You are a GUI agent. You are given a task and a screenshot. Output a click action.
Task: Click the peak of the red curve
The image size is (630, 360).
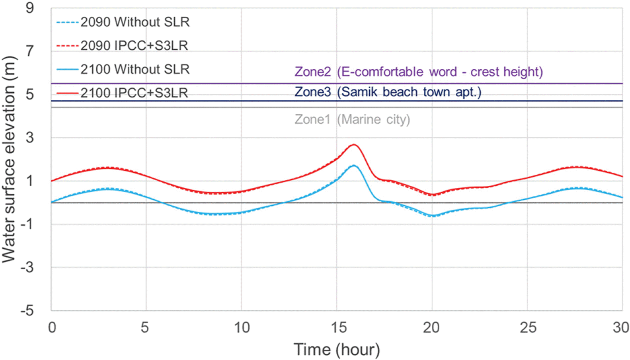pyautogui.click(x=353, y=145)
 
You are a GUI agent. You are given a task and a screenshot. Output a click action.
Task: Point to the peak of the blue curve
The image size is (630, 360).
pyautogui.click(x=353, y=165)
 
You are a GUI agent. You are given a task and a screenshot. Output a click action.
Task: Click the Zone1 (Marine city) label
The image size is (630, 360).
pyautogui.click(x=352, y=119)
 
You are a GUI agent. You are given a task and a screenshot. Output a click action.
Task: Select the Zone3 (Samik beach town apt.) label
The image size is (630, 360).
pyautogui.click(x=388, y=92)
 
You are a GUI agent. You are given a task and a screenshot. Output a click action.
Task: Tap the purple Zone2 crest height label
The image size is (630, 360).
pyautogui.click(x=418, y=72)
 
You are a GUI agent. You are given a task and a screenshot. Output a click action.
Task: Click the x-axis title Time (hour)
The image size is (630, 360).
pyautogui.click(x=337, y=350)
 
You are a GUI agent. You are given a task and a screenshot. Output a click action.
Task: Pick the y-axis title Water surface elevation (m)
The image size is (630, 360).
pyautogui.click(x=9, y=159)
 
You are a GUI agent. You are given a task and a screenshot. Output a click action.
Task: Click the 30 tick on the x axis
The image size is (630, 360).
pyautogui.click(x=620, y=327)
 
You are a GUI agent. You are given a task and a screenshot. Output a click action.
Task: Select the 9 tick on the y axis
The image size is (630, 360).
pyautogui.click(x=30, y=8)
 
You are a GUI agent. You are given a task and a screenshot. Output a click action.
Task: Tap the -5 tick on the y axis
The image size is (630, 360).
pyautogui.click(x=27, y=310)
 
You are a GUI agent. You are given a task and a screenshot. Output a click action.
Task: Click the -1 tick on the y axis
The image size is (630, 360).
pyautogui.click(x=27, y=224)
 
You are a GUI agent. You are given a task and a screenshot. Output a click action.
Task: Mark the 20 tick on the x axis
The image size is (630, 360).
pyautogui.click(x=431, y=327)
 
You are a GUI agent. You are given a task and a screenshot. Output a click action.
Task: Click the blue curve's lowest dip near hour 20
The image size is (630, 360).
pyautogui.click(x=433, y=216)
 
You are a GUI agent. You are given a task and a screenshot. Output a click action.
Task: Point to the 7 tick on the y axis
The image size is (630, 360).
pyautogui.click(x=30, y=51)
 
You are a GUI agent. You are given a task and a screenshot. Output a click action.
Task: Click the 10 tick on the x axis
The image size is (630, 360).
pyautogui.click(x=241, y=327)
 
